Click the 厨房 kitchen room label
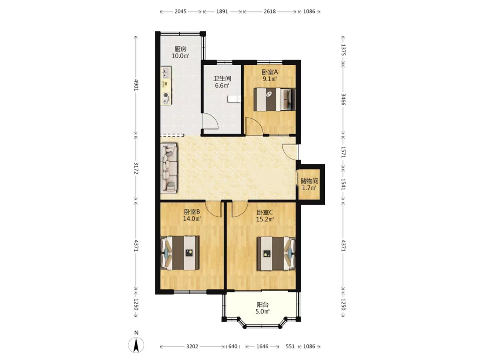coord(180,49)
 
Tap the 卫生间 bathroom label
coord(222,78)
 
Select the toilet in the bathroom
coord(234,99)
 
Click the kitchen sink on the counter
coord(166,72)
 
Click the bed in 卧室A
coord(274,99)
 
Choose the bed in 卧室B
coord(180,253)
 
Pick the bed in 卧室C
coord(276,254)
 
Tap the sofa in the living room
coord(169,168)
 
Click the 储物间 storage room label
coord(309,181)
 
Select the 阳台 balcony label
coord(262,305)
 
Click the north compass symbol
coord(136,345)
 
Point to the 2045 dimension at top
coord(180,11)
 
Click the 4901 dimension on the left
coord(136,85)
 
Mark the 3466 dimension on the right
coord(343,99)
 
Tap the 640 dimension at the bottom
coord(233,346)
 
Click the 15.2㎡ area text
coord(265,219)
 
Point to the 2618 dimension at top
coord(270,11)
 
